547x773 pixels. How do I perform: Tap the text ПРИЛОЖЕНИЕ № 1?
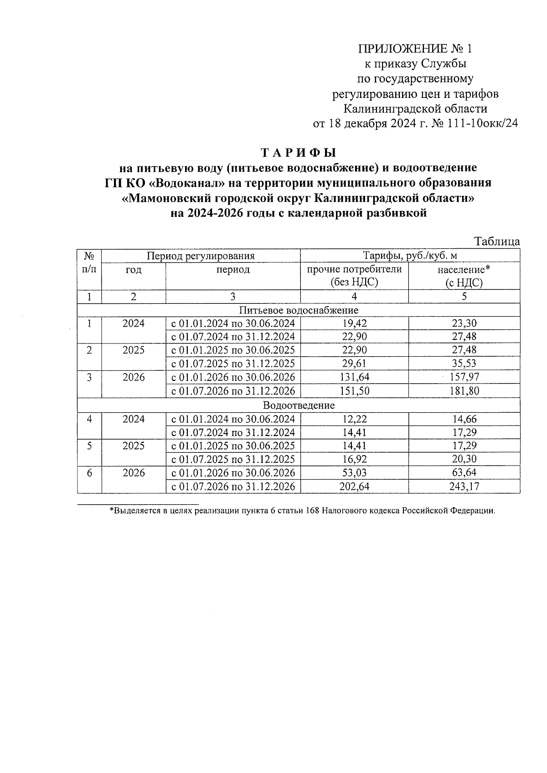tap(415, 49)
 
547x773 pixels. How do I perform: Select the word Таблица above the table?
tap(497, 241)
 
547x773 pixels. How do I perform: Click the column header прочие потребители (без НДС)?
tap(354, 275)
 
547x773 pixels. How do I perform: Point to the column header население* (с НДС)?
tap(464, 276)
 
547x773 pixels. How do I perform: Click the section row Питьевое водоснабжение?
tap(299, 310)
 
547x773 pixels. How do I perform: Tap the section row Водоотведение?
tap(299, 405)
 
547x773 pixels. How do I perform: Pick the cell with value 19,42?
tap(354, 323)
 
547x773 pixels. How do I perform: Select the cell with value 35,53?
tap(464, 363)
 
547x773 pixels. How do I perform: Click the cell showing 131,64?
tap(354, 377)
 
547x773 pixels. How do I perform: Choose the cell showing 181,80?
tap(464, 391)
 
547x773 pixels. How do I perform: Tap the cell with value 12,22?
tap(354, 419)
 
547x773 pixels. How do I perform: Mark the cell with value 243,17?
tap(464, 486)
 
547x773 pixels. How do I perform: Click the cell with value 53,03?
tap(354, 473)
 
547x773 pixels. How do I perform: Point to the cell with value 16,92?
tap(354, 459)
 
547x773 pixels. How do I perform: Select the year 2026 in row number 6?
tap(134, 473)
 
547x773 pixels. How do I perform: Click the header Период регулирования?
tap(201, 256)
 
